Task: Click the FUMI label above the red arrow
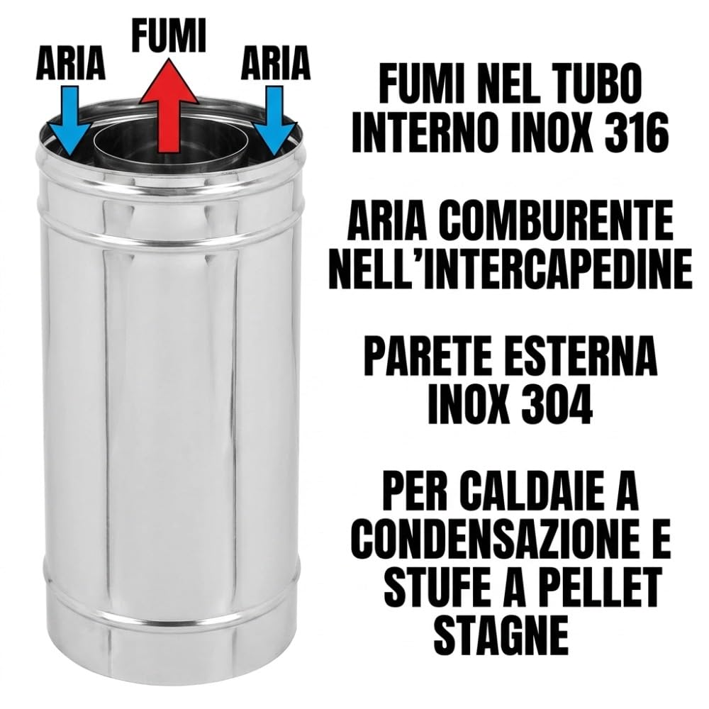[168, 35]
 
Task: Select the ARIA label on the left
[71, 65]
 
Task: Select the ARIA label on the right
[276, 65]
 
